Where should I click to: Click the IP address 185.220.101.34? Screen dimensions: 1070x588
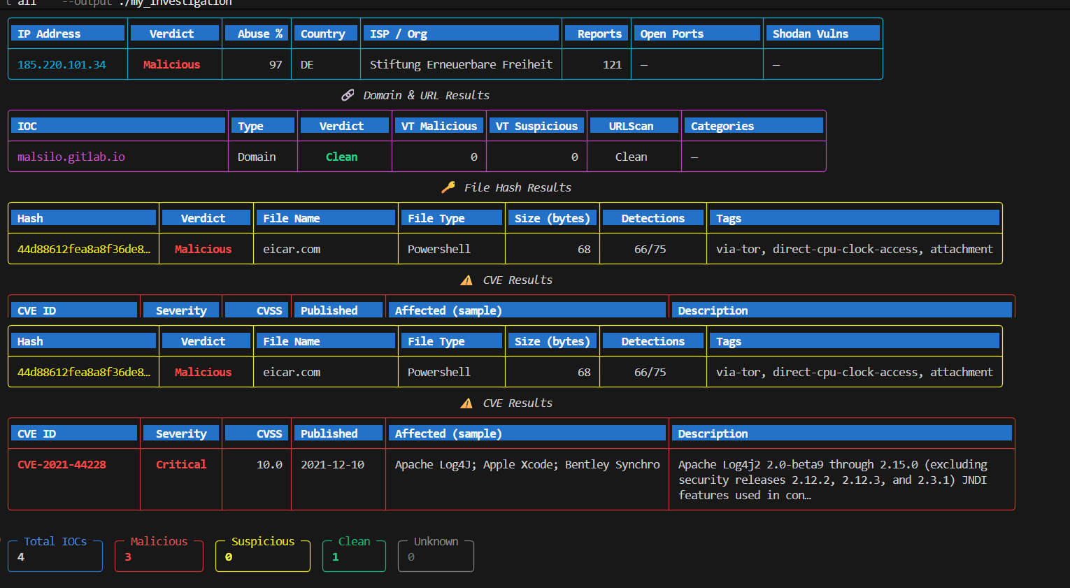[x=62, y=64]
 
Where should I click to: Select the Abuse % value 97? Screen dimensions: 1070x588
[x=276, y=64]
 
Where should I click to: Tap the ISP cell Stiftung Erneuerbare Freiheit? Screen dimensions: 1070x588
[x=461, y=64]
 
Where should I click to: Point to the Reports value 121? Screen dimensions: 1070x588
[x=612, y=64]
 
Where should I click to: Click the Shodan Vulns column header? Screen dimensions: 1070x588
[x=810, y=34]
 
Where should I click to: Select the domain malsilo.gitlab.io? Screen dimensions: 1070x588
[x=71, y=157]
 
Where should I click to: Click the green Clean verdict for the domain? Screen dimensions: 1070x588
[x=341, y=157]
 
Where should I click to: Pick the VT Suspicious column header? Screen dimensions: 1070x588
[x=536, y=126]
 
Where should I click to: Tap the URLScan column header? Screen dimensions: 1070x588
[x=631, y=126]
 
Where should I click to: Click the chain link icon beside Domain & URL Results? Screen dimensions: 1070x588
[x=348, y=95]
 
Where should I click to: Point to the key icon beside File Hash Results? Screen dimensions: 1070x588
[x=448, y=187]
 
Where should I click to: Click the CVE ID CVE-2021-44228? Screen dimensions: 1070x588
[x=62, y=464]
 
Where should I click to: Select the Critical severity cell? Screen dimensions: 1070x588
[x=181, y=464]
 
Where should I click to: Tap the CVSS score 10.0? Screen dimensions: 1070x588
[x=269, y=464]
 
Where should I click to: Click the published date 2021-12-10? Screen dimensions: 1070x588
[x=332, y=464]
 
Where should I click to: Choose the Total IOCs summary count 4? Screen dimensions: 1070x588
[x=20, y=557]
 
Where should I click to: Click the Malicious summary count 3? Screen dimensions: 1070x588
[x=127, y=557]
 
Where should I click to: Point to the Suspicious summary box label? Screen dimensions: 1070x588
[x=263, y=541]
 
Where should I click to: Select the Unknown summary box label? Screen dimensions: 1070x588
[x=436, y=541]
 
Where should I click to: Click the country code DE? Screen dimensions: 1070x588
[x=307, y=64]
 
